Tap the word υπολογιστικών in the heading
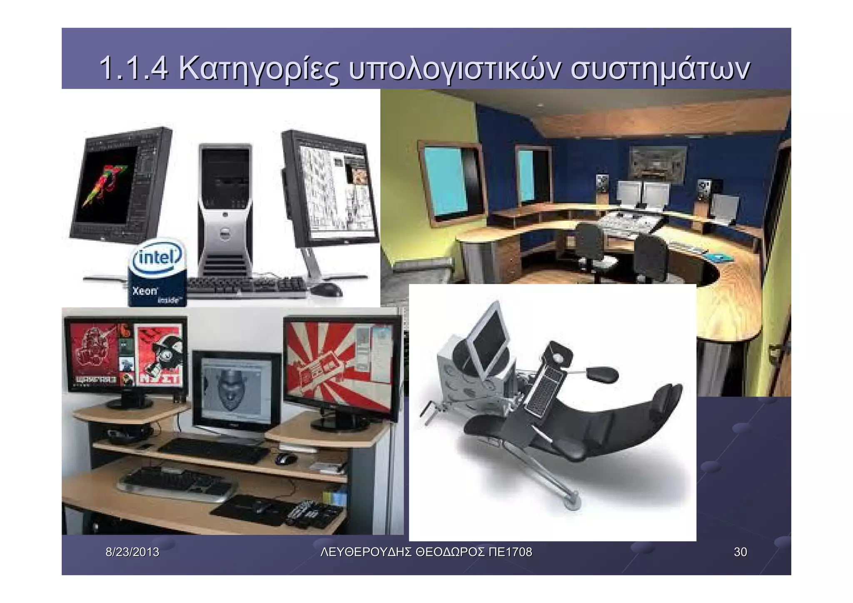coord(452,70)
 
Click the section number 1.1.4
coord(134,69)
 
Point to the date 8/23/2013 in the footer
coord(132,552)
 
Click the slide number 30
coord(740,552)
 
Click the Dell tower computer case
coord(225,208)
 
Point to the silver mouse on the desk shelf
coord(286,458)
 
